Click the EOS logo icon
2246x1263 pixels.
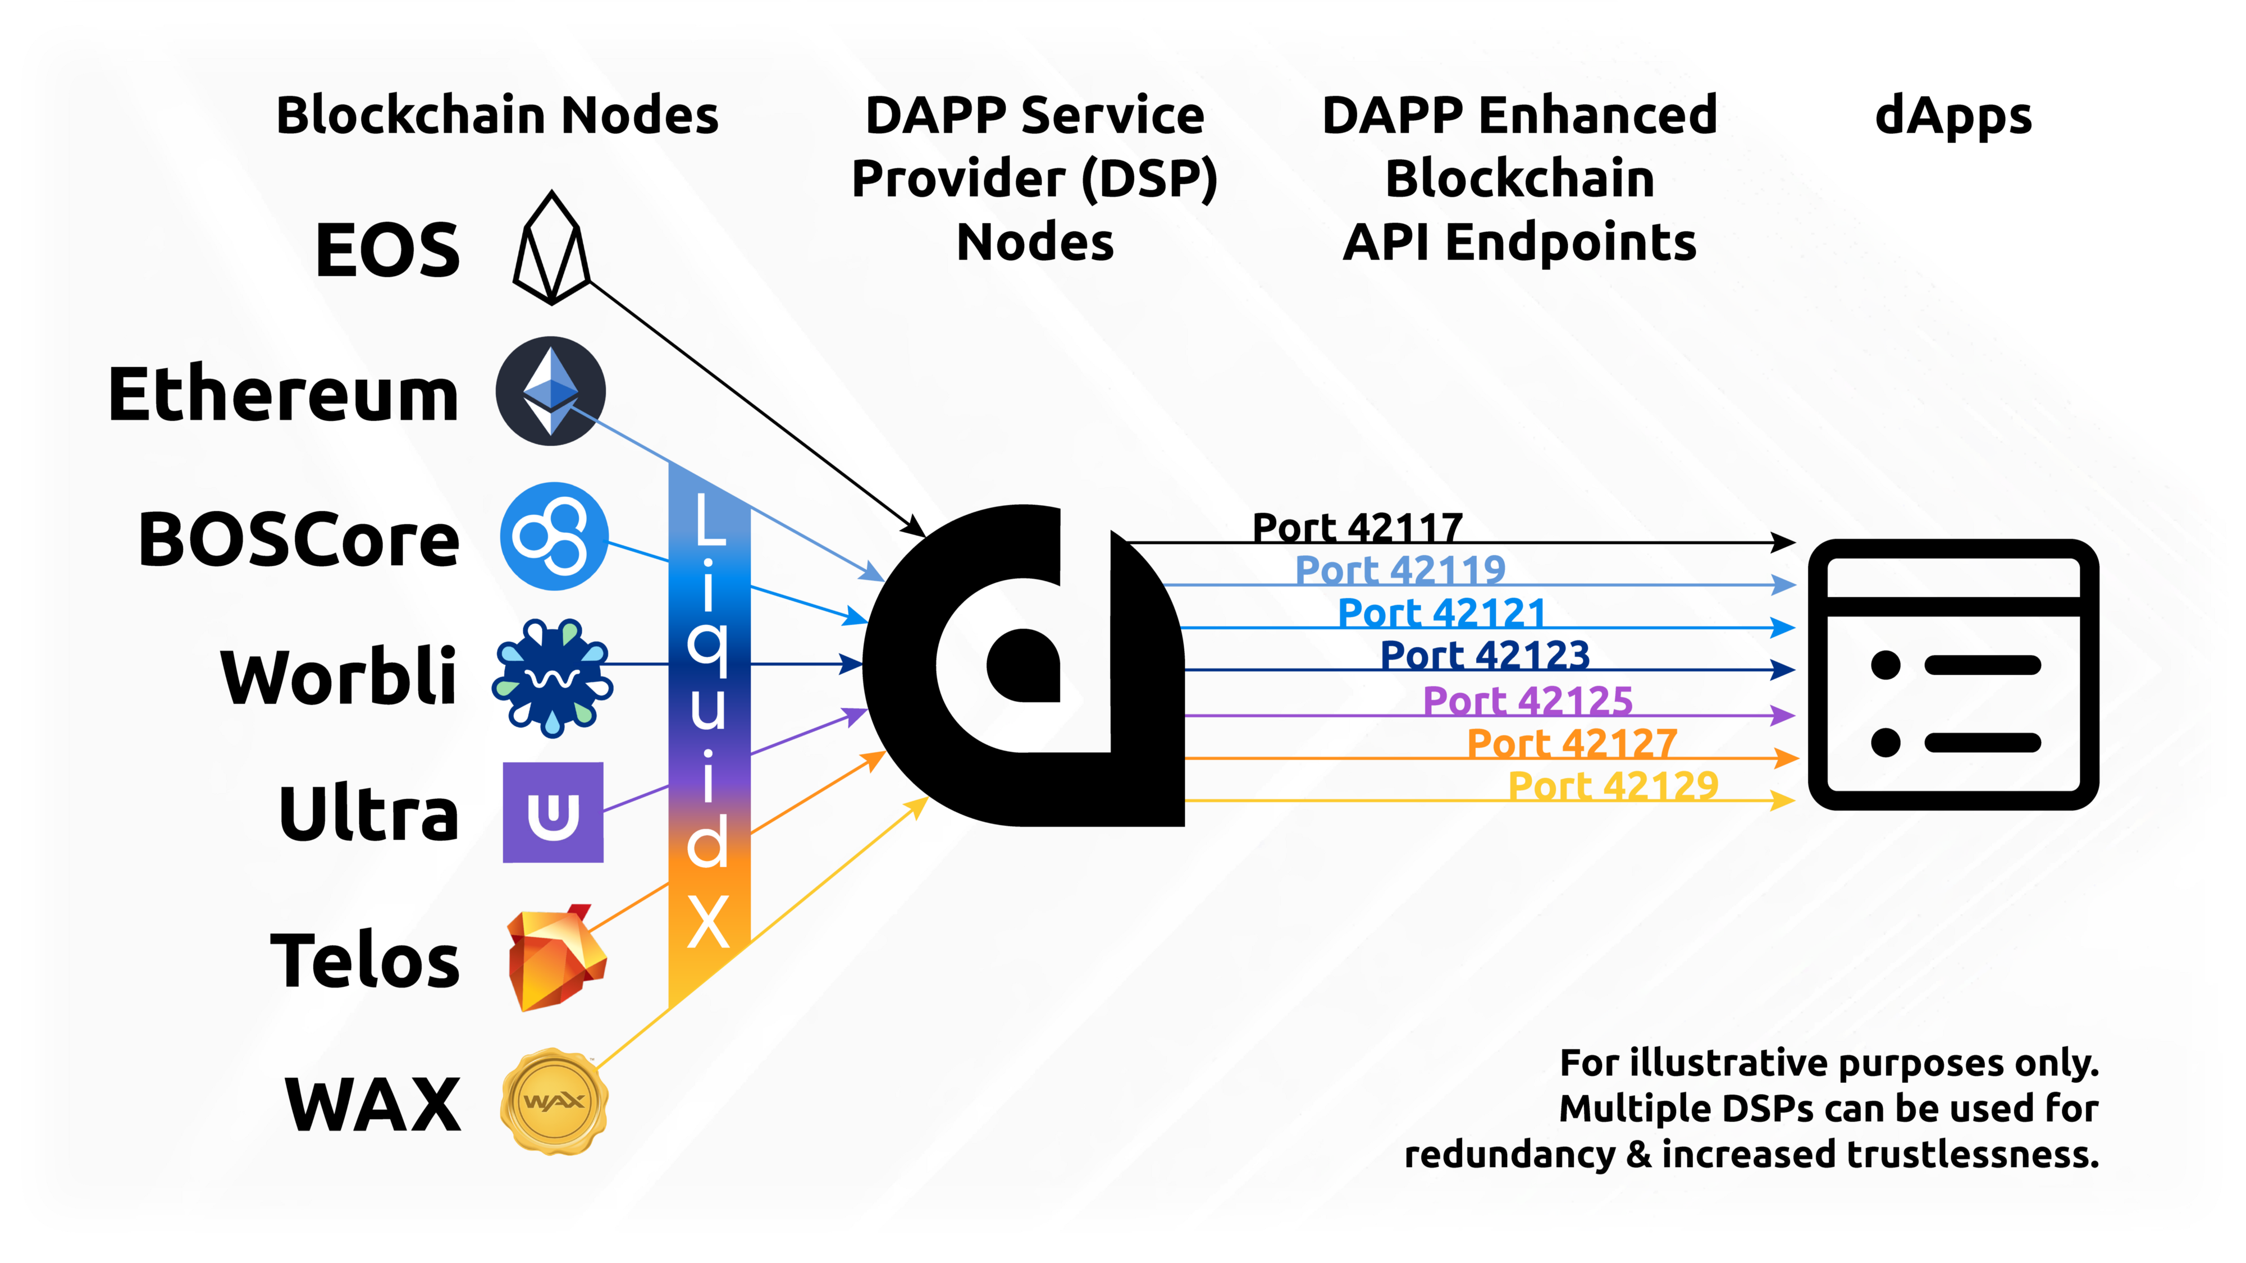tap(551, 249)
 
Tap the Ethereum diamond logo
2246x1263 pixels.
tap(550, 391)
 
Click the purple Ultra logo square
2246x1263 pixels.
tap(553, 812)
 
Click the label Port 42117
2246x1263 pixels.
tap(1357, 527)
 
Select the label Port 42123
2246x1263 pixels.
tap(1485, 655)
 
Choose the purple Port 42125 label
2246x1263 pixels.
tap(1527, 700)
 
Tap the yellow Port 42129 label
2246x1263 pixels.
tap(1613, 785)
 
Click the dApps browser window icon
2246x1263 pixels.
tap(1953, 674)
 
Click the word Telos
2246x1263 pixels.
tap(364, 960)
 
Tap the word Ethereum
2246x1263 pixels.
tap(284, 394)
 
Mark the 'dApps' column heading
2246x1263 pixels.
tap(1953, 117)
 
